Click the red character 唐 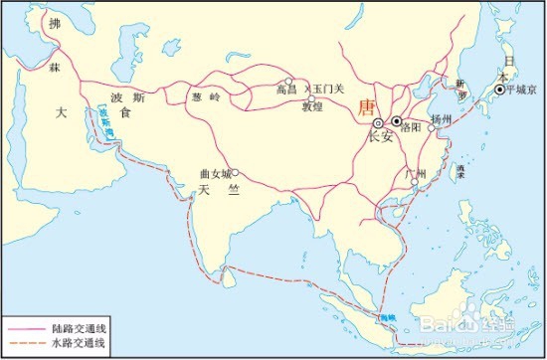[366, 106]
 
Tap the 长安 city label [380, 137]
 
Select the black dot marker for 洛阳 [397, 121]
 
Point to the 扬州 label [442, 118]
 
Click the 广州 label [415, 174]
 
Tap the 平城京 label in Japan [520, 88]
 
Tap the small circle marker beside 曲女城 [236, 171]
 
